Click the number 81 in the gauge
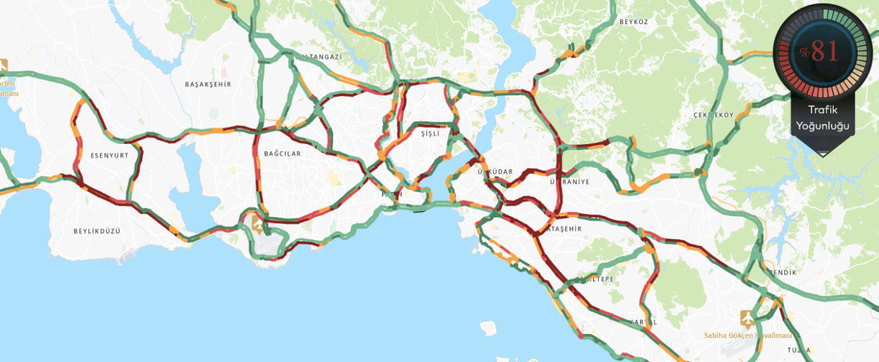[825, 51]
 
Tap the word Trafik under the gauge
[822, 110]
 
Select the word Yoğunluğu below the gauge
[822, 125]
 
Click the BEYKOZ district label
[633, 22]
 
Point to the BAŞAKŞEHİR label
[208, 84]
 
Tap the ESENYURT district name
[110, 156]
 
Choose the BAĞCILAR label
[282, 154]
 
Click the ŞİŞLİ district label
[430, 134]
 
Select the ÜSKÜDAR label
[495, 171]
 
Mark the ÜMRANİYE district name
[570, 182]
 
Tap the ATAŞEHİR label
[563, 229]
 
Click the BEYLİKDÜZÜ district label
[97, 231]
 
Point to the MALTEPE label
[595, 280]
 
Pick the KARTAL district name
[643, 322]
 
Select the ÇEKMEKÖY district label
[714, 114]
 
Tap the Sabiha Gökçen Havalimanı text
[748, 335]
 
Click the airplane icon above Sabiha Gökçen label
[747, 318]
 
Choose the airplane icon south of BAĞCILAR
[258, 224]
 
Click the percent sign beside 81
[803, 53]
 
